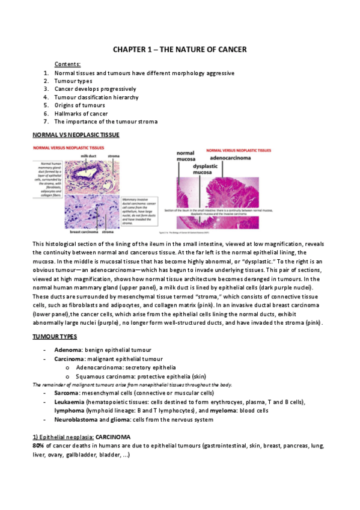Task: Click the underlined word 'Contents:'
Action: point(67,64)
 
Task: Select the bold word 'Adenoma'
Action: point(67,350)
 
